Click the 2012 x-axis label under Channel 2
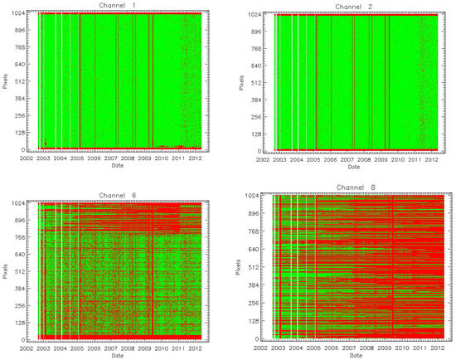tap(431, 158)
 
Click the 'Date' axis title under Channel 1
tap(118, 165)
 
